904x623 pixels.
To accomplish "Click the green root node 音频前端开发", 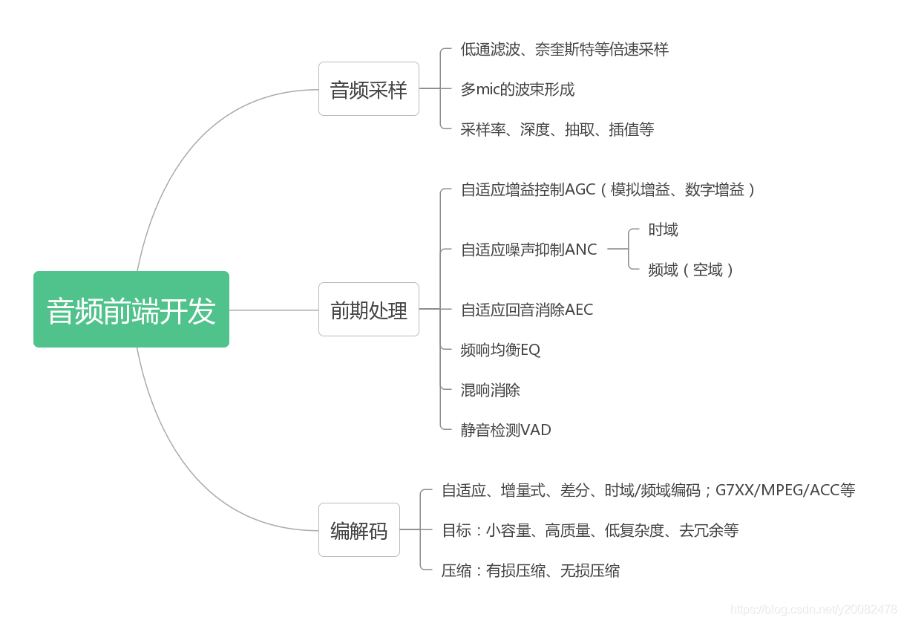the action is pos(131,310).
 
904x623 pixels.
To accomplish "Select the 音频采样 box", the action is pos(369,89).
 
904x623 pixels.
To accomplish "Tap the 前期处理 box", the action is pos(369,310).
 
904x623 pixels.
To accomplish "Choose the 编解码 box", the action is pos(359,530).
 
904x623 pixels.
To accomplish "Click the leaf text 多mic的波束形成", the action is pos(517,90).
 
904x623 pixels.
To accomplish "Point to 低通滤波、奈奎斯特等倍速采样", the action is pos(564,50).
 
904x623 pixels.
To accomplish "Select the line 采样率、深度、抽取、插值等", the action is pos(557,130).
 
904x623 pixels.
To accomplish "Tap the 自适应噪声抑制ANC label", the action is pos(528,250).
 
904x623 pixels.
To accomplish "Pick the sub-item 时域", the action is pos(663,230).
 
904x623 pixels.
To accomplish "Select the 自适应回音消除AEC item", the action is pos(527,310).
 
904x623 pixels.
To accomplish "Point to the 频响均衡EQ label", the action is pos(500,350).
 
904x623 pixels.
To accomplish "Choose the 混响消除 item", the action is pos(490,390).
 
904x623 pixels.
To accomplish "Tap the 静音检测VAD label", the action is pos(505,430).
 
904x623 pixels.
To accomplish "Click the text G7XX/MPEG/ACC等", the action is pos(785,490).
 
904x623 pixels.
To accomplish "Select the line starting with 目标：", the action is pos(590,531).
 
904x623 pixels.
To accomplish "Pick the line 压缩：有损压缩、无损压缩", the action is pos(531,571).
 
